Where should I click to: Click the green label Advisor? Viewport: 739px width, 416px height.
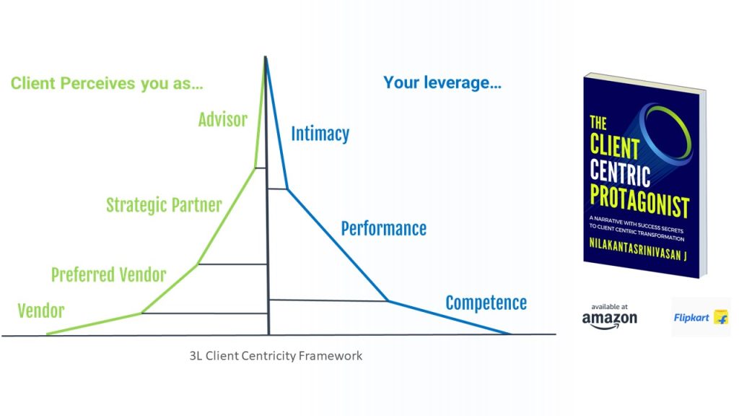222,120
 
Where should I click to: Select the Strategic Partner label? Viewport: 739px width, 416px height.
164,205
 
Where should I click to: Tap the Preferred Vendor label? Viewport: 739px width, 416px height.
108,274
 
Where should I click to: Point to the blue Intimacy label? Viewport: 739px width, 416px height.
320,134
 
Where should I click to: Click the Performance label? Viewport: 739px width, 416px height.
384,229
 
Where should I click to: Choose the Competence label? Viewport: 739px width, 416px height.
486,303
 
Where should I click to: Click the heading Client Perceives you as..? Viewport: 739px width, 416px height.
107,84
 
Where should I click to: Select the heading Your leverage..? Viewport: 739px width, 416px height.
442,82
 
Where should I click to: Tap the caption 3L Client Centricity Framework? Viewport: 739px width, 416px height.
276,355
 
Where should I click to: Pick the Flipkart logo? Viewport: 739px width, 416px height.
701,318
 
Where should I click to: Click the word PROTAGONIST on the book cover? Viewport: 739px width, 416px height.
639,201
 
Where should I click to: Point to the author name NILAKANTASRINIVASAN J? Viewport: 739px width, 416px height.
638,248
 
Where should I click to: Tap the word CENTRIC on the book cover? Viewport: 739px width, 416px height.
620,173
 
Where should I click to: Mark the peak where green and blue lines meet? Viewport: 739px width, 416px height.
266,57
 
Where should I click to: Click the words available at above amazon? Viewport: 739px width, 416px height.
609,306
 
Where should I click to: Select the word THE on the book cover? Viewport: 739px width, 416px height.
598,123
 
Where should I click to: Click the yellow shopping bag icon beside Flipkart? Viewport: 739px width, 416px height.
721,317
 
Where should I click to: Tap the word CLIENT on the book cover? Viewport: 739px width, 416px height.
615,145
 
